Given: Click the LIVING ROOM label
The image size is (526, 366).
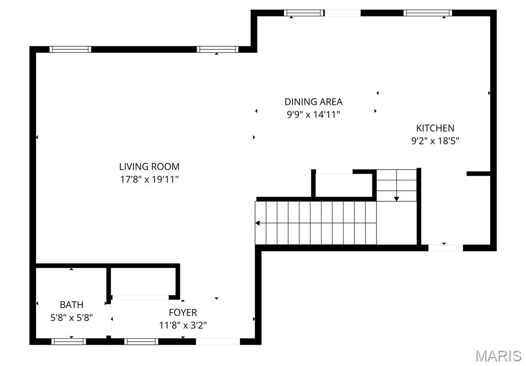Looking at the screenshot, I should point(149,167).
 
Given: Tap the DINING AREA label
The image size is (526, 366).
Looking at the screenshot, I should point(313,102).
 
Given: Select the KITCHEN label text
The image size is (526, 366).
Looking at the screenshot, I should point(435,128).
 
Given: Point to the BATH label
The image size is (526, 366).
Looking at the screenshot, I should point(71,305).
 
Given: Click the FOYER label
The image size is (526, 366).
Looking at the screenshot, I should point(183,313).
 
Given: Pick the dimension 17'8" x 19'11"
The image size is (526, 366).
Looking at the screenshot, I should point(149,179).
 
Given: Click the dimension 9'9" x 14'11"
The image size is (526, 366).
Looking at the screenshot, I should point(313,115).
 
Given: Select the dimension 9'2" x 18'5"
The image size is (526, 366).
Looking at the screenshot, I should point(435,141).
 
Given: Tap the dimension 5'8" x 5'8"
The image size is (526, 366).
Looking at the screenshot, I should point(71,318).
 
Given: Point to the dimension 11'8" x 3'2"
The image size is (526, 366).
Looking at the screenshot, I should point(183,325).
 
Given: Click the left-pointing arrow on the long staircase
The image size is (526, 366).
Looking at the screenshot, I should point(258,223).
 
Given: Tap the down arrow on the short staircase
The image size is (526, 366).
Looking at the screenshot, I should point(397,198).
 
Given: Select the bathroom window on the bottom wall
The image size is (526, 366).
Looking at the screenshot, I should point(68,341).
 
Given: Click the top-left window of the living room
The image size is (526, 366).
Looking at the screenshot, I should point(70,49).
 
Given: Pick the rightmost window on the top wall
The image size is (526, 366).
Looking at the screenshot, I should point(427,13).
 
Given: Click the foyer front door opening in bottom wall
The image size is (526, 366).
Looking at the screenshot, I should point(218,341).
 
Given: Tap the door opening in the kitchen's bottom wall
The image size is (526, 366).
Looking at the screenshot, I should point(445,247).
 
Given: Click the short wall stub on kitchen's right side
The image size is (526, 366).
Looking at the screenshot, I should point(478,174).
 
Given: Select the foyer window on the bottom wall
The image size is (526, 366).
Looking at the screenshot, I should point(141,341).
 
